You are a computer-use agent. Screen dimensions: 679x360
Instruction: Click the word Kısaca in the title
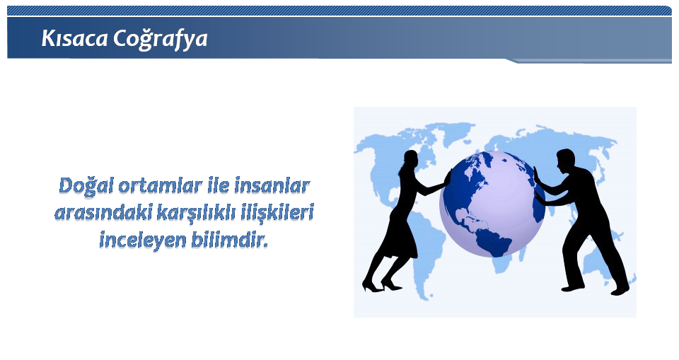click(x=74, y=38)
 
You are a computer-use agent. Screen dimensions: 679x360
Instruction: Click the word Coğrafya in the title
click(x=161, y=40)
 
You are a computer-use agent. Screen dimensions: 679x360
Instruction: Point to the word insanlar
click(x=272, y=186)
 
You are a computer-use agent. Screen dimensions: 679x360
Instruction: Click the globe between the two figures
click(x=492, y=204)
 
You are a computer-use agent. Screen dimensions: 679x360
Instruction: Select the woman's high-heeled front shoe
click(x=391, y=285)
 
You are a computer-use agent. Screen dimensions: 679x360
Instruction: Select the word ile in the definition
click(x=219, y=186)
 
